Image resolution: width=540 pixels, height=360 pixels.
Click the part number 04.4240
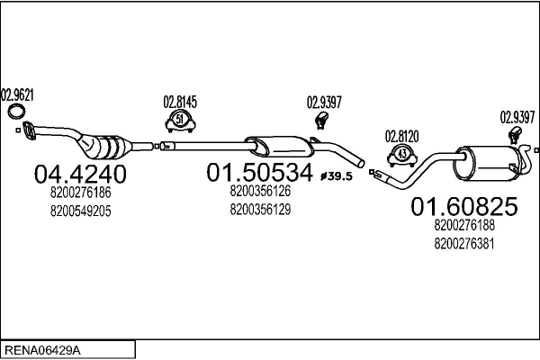click(x=80, y=173)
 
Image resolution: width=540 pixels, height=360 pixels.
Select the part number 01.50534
click(x=260, y=172)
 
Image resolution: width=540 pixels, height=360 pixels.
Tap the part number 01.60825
click(x=464, y=207)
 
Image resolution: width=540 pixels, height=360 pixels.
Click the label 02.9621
click(x=17, y=93)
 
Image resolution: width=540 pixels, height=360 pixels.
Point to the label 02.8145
click(x=180, y=102)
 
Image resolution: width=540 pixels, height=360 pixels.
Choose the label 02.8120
click(x=401, y=136)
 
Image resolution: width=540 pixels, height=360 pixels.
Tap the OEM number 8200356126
click(x=260, y=191)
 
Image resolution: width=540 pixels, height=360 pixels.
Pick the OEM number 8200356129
click(x=260, y=209)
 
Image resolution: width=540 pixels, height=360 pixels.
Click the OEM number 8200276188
click(x=464, y=226)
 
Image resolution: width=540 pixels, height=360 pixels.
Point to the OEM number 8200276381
click(x=464, y=243)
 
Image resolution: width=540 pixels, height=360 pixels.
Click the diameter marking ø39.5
click(x=337, y=175)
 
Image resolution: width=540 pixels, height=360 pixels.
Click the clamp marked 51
click(x=180, y=121)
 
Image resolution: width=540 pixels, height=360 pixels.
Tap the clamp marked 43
click(x=401, y=155)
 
